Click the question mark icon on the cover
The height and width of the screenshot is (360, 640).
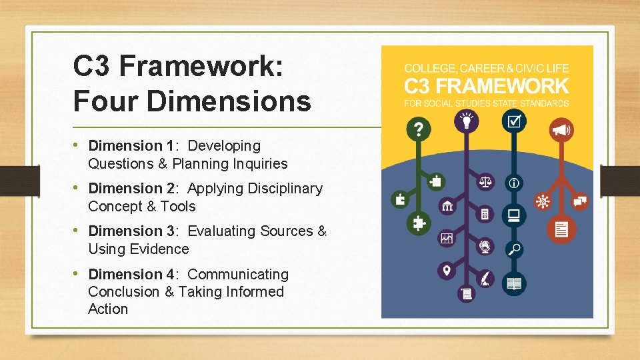click(x=418, y=129)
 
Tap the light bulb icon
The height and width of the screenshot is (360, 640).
click(x=466, y=121)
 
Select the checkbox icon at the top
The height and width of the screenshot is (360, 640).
click(x=514, y=121)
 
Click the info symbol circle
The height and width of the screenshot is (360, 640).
click(x=514, y=182)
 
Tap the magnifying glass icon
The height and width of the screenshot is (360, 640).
click(x=514, y=249)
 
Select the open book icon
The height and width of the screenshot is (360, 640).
click(x=514, y=284)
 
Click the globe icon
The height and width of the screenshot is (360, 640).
click(x=485, y=247)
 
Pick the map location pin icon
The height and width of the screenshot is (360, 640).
click(x=447, y=271)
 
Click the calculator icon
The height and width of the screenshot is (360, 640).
click(x=485, y=214)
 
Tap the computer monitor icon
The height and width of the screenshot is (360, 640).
click(x=514, y=215)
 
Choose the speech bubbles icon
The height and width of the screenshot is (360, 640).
click(x=579, y=200)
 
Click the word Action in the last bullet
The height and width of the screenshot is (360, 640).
click(x=108, y=309)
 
